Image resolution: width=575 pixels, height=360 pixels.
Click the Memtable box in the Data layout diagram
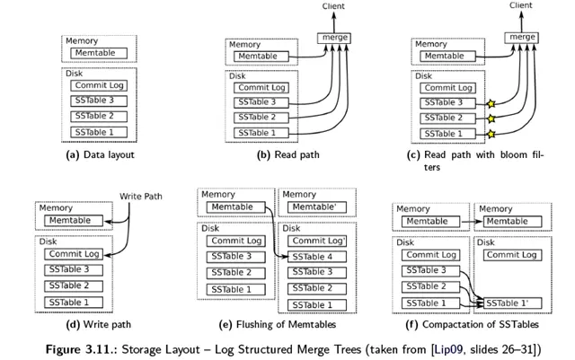click(97, 55)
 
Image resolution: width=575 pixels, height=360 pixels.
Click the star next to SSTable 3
click(491, 103)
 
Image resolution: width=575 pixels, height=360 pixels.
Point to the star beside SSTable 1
click(491, 133)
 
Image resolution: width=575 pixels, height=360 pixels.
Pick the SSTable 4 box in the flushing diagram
click(317, 257)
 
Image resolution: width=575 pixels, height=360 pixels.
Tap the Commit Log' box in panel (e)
click(319, 241)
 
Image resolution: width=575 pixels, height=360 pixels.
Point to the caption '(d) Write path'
click(94, 324)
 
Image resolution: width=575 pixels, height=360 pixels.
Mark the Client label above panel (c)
click(520, 5)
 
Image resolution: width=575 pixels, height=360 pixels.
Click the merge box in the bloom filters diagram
click(520, 37)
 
